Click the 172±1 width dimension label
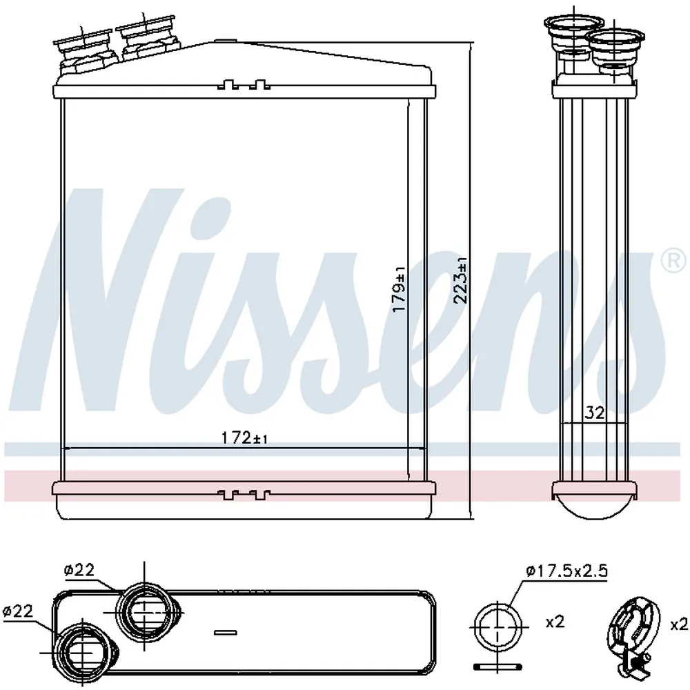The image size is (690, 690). pos(244,438)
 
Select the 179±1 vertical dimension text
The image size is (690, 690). pos(400,290)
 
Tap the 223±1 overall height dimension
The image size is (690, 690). pos(461,281)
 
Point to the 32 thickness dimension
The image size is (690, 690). pos(595,413)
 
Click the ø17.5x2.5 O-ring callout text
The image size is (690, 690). pos(566,571)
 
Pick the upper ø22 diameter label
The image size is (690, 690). pos(79,571)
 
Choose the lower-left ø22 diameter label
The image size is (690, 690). pos(18,611)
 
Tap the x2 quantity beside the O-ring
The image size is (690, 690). pos(555,622)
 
